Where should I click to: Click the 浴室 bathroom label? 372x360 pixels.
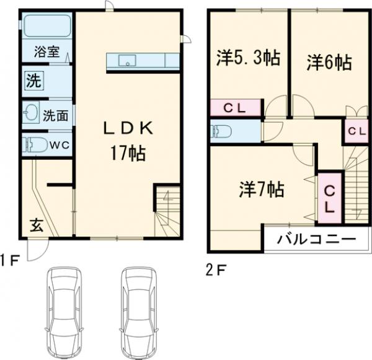point(47,53)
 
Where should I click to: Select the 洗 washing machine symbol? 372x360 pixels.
point(32,80)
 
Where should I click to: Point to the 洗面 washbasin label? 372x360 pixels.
point(56,115)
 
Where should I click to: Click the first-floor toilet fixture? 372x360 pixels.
point(34,145)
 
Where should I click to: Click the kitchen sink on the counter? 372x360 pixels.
point(128,60)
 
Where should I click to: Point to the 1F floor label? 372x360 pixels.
point(11,260)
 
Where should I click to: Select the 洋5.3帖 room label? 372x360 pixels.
point(247,58)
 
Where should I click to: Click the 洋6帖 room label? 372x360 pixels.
point(329,63)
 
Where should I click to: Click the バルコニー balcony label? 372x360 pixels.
point(316,239)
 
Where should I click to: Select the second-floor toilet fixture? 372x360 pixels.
point(221,131)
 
